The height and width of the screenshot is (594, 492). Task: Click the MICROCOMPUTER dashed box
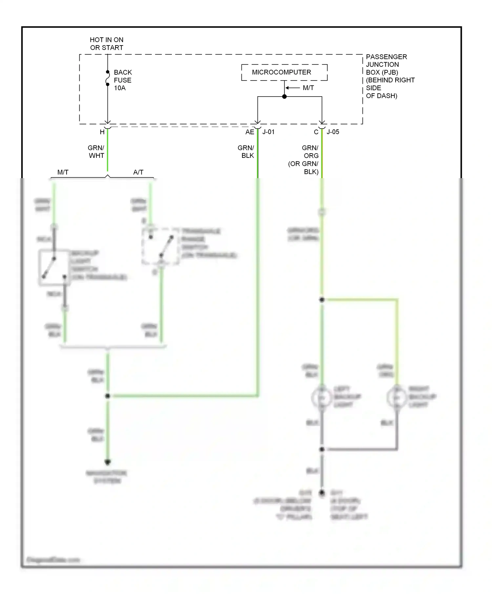pyautogui.click(x=284, y=72)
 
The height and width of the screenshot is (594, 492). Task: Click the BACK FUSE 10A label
pyautogui.click(x=123, y=80)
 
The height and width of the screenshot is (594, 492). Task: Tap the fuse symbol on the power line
pyautogui.click(x=108, y=78)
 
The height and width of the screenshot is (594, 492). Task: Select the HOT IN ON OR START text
pyautogui.click(x=107, y=44)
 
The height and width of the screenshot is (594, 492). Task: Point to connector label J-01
pyautogui.click(x=268, y=132)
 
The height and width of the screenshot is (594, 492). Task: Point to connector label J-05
pyautogui.click(x=333, y=132)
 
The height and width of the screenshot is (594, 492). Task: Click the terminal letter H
pyautogui.click(x=102, y=132)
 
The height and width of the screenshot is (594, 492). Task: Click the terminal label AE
pyautogui.click(x=250, y=132)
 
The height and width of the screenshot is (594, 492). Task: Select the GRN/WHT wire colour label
pyautogui.click(x=96, y=152)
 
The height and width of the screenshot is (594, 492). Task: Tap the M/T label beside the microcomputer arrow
pyautogui.click(x=308, y=88)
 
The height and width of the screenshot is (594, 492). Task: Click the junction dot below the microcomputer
pyautogui.click(x=284, y=97)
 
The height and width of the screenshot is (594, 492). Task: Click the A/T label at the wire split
pyautogui.click(x=138, y=172)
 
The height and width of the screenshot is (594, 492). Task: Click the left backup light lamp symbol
pyautogui.click(x=322, y=398)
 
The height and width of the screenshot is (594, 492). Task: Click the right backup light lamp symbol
pyautogui.click(x=397, y=398)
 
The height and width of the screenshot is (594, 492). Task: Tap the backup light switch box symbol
pyautogui.click(x=54, y=268)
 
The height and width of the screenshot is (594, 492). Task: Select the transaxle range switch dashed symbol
pyautogui.click(x=160, y=246)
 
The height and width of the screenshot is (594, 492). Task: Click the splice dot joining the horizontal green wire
pyautogui.click(x=108, y=396)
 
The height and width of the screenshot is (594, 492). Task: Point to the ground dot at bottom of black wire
pyautogui.click(x=322, y=492)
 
